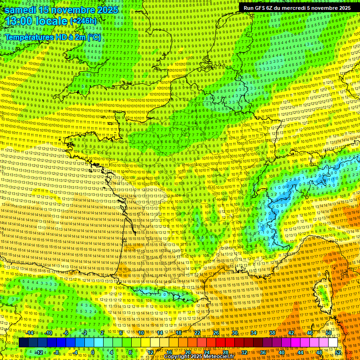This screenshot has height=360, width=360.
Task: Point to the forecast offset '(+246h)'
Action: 83,21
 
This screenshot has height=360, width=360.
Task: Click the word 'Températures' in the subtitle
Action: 28,37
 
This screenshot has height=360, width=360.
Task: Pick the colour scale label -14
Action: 30,333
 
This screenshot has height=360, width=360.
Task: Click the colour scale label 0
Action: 92,352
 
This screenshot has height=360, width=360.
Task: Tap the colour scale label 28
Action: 225,352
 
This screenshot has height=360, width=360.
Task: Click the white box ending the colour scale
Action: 333,343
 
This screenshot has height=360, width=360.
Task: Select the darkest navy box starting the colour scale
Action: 23,343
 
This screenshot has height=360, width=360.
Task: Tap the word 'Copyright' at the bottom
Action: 178,357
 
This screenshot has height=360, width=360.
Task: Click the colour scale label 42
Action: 291,333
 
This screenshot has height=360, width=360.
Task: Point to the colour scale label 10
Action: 141,333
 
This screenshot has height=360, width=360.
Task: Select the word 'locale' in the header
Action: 51,22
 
